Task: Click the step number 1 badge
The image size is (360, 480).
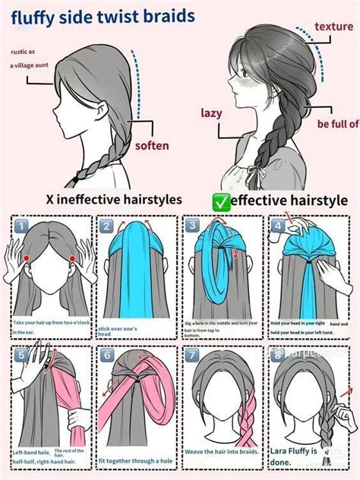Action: [23, 226]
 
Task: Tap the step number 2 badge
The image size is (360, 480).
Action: [108, 226]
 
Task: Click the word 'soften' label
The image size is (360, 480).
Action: [152, 145]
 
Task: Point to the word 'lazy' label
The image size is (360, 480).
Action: [211, 112]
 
